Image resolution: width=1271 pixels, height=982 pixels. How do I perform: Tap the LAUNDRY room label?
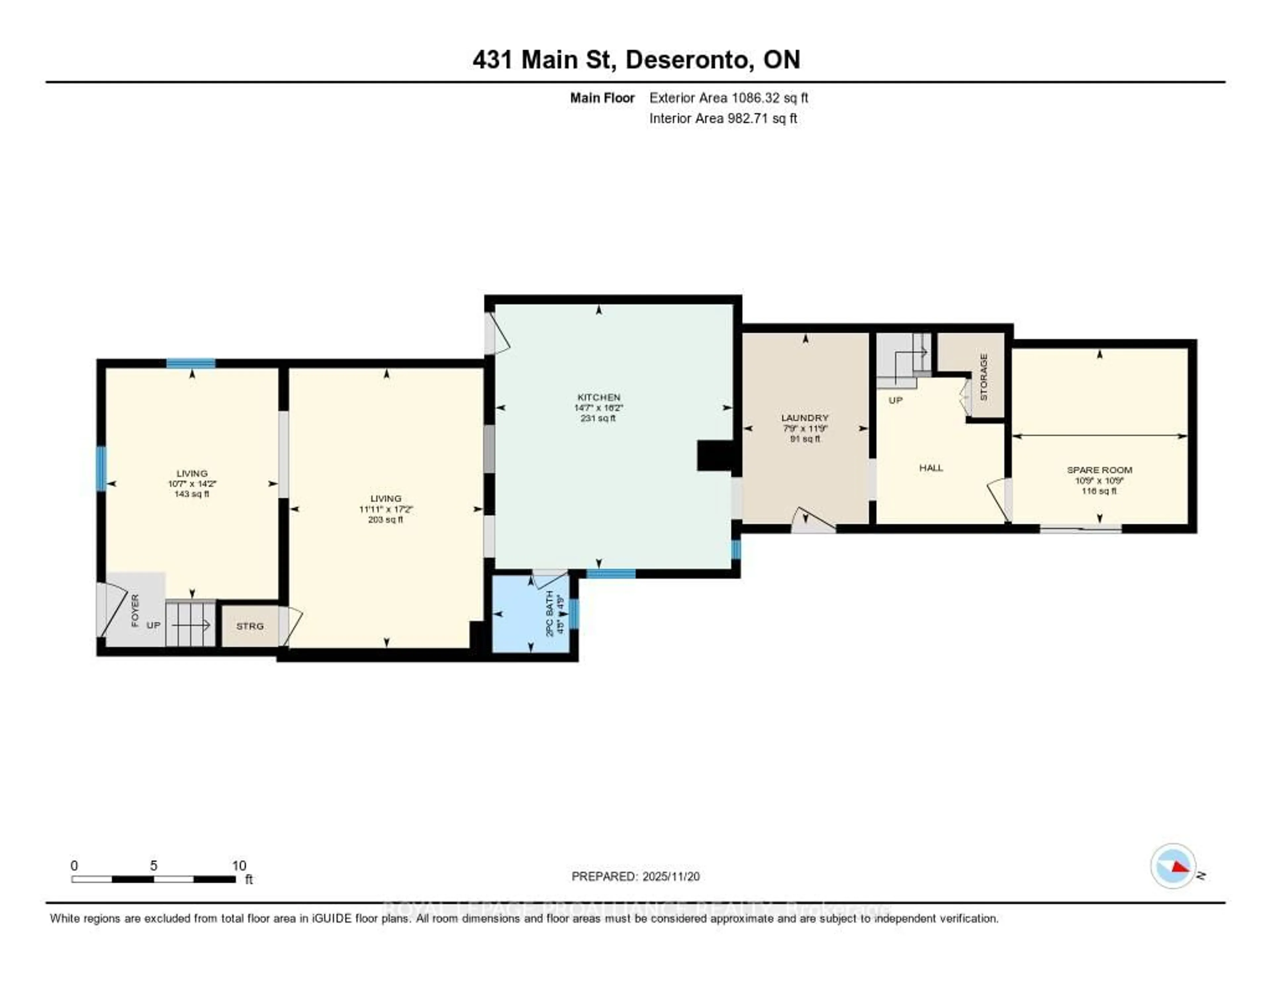(805, 418)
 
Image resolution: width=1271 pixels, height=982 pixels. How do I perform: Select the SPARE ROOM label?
(1099, 470)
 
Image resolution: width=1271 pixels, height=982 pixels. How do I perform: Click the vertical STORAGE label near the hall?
(983, 377)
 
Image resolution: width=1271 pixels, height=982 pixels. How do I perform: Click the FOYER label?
(135, 610)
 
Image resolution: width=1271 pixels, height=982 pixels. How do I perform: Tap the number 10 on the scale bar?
(239, 865)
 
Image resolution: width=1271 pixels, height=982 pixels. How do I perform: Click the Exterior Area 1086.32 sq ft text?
(729, 98)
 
